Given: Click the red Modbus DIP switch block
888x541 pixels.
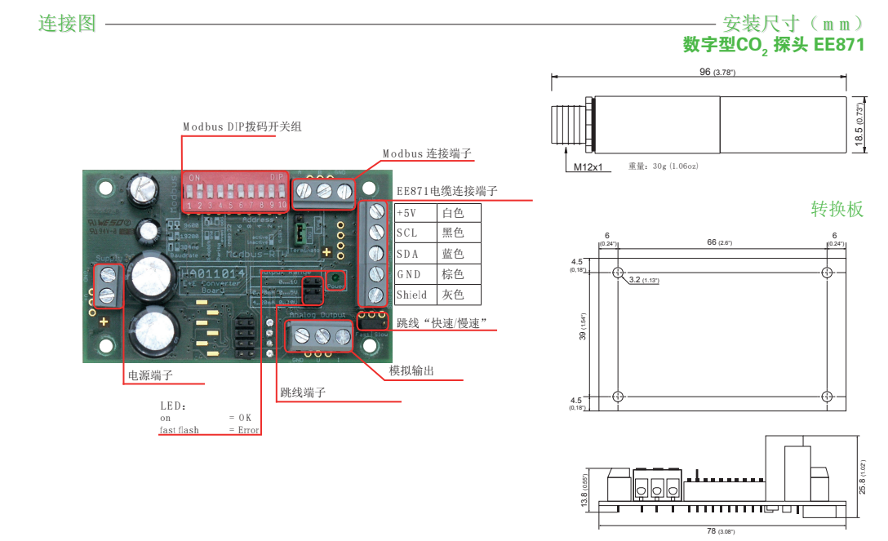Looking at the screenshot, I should [234, 192].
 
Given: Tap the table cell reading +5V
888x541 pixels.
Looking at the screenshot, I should [406, 213].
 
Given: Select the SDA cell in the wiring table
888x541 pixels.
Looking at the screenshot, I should [407, 254].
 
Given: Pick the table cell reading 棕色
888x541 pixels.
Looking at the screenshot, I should [452, 274].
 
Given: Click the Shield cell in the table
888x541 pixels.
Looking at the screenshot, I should [411, 295].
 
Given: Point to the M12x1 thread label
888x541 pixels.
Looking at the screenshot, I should [587, 167].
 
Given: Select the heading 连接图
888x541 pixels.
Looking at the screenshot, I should [68, 24].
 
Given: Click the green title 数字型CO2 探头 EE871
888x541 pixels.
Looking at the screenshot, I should [773, 45].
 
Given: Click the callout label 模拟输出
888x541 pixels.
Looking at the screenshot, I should [411, 371].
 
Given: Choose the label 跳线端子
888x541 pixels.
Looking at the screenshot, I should [303, 392].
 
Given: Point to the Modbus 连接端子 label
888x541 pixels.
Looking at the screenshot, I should [427, 153].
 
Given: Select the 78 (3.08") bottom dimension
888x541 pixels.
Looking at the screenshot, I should [720, 531].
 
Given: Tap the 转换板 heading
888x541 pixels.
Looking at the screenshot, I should [837, 209].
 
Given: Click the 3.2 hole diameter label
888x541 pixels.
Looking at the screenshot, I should [643, 280].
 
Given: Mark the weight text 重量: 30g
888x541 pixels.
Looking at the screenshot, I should [662, 166].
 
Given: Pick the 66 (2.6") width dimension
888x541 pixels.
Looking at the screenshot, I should [719, 242].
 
